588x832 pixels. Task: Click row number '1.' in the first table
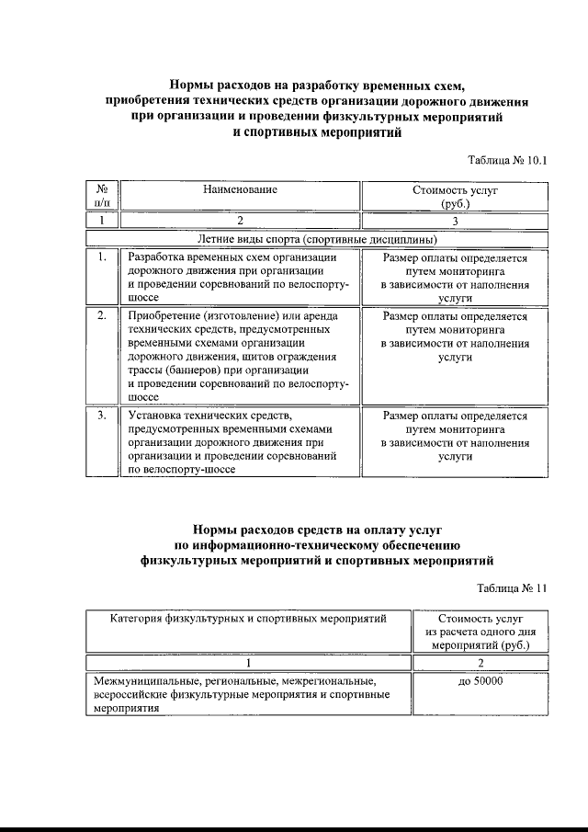pos(102,258)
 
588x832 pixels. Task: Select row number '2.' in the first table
pos(102,315)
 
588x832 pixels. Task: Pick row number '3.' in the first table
pos(102,416)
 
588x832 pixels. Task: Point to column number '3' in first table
pos(455,221)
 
